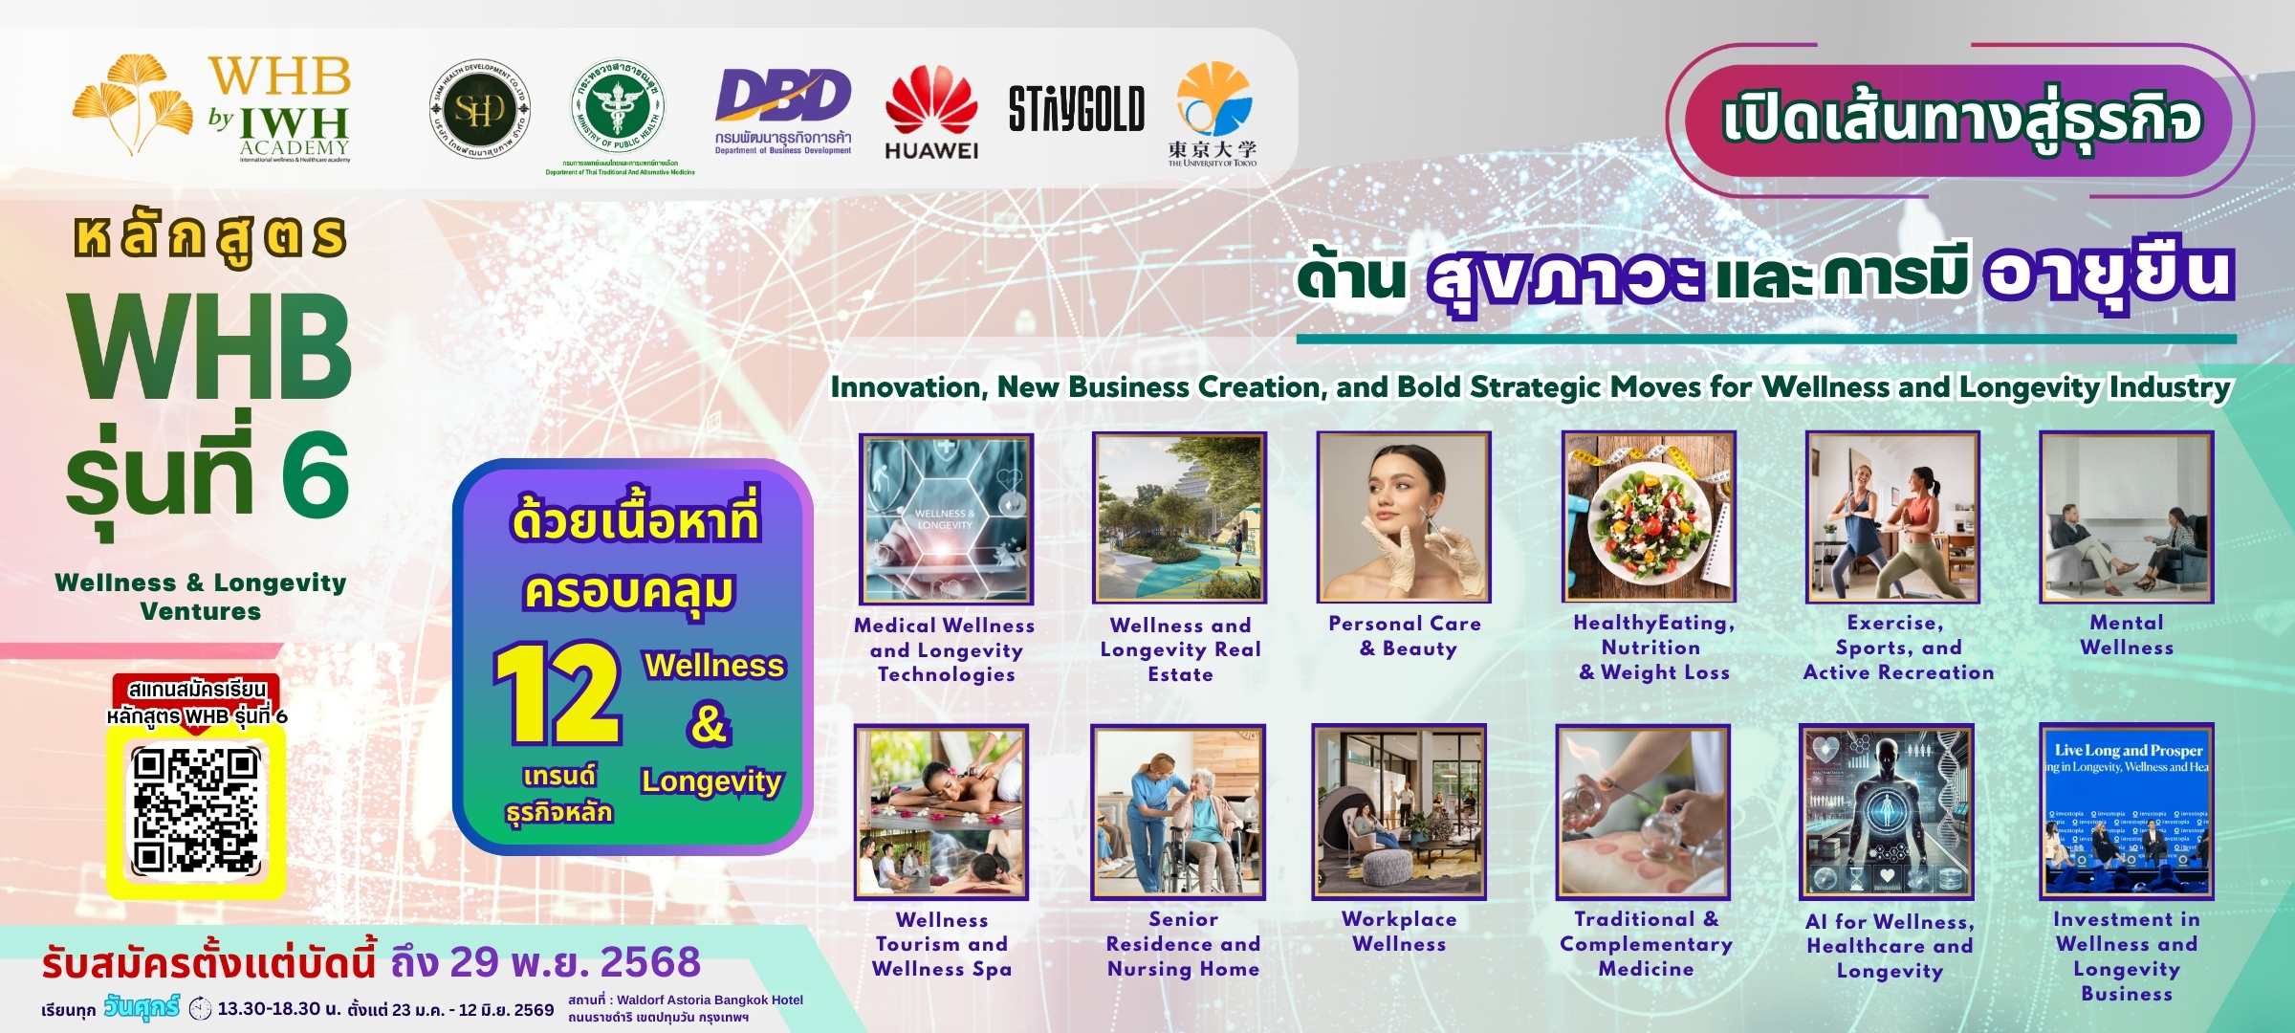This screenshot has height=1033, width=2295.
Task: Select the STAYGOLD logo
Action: click(x=1076, y=109)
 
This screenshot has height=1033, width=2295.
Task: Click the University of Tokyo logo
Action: click(x=1213, y=113)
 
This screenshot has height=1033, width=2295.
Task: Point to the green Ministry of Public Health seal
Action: click(x=619, y=108)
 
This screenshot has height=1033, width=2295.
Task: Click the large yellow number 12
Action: click(x=557, y=693)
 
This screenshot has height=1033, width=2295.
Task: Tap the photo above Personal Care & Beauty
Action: click(x=1403, y=517)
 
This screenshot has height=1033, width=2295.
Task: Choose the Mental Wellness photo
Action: click(x=2126, y=516)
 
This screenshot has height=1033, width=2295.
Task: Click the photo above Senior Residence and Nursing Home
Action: click(x=1178, y=811)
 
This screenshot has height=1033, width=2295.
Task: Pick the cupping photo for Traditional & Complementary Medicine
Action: click(x=1643, y=811)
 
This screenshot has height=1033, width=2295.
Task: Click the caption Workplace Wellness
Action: click(x=1399, y=932)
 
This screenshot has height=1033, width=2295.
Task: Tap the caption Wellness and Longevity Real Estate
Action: click(x=1180, y=649)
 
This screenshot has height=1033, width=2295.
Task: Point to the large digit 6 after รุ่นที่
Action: click(x=315, y=474)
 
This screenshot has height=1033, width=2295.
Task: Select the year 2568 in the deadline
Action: click(x=650, y=962)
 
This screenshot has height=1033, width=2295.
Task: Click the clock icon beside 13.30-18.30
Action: click(x=201, y=1009)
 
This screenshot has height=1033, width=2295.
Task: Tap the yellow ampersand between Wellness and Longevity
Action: click(x=709, y=723)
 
